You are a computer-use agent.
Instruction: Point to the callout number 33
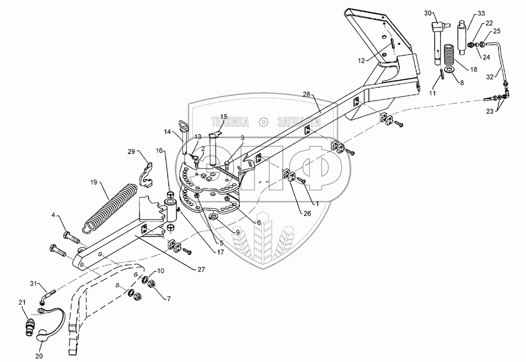click(481, 13)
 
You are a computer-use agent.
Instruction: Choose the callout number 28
click(308, 94)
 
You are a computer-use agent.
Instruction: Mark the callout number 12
click(362, 60)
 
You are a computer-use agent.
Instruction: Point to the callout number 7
click(169, 299)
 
